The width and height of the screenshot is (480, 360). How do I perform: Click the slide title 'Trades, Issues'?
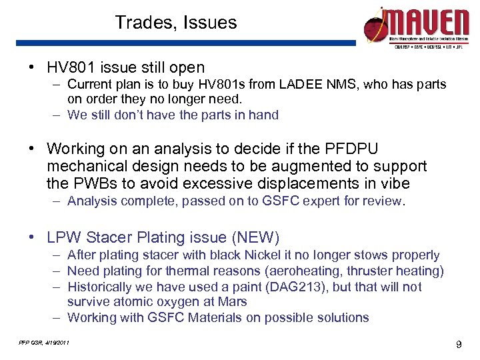pos(175,23)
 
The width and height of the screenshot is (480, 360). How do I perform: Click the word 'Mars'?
pos(233,301)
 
